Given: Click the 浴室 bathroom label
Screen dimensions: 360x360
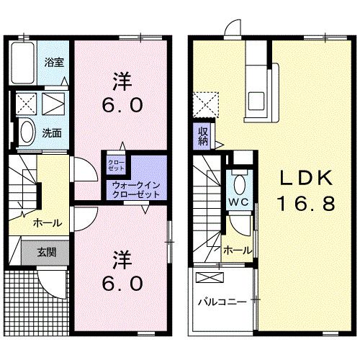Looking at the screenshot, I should pos(55,63).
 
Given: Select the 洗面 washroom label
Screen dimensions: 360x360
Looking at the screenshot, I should pos(50,132).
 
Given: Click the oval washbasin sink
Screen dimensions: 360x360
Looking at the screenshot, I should pos(26,132).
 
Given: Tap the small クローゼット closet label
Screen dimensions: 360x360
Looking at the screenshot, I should pos(115,165).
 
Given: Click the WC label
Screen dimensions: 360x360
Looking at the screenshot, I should pos(239,202).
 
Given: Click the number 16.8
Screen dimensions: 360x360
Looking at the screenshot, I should pos(305,204).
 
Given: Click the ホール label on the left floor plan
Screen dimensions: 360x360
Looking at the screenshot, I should pos(46,223).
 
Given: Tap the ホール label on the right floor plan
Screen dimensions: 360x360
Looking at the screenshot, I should pos(237,250).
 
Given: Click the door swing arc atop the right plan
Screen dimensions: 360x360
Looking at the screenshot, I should pos(232,29).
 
